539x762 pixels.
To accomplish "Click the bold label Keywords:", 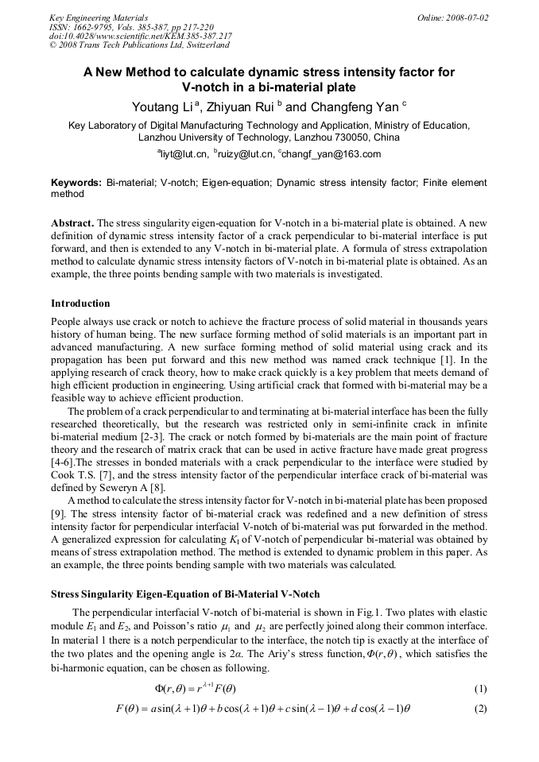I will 76,183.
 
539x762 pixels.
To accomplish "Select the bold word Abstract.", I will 73,223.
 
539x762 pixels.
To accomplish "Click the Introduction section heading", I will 80,304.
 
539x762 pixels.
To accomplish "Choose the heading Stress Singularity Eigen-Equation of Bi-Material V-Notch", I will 185,594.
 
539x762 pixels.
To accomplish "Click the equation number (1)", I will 479,688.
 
